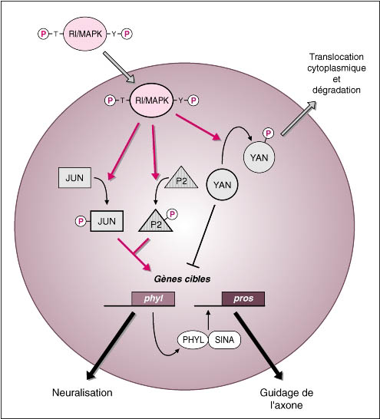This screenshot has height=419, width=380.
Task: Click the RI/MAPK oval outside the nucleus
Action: [x=85, y=34]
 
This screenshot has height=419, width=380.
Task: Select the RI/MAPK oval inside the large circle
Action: [x=152, y=101]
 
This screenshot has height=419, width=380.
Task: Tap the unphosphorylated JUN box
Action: [x=74, y=178]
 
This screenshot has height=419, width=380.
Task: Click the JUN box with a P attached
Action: [x=107, y=221]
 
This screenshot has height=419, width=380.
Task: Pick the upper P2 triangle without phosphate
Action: [x=181, y=179]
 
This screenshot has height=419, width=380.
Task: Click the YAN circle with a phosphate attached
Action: [x=259, y=157]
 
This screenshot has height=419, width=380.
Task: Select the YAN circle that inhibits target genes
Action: [x=223, y=185]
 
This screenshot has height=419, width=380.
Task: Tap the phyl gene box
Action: [x=153, y=299]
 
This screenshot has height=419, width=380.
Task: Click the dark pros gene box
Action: [x=243, y=299]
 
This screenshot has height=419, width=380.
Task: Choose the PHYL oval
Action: [x=193, y=340]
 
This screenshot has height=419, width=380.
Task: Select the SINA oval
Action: [x=224, y=340]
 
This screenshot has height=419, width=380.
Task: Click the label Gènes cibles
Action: [x=182, y=279]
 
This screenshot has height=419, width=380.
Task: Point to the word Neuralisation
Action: [x=82, y=393]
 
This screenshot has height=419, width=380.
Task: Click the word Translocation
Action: [x=336, y=57]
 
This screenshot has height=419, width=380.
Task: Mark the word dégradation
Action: [x=336, y=90]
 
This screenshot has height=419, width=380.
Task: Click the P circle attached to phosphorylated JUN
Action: [x=81, y=221]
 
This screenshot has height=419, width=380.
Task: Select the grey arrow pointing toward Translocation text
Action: [x=299, y=118]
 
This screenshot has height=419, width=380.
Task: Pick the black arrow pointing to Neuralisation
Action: [x=110, y=346]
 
